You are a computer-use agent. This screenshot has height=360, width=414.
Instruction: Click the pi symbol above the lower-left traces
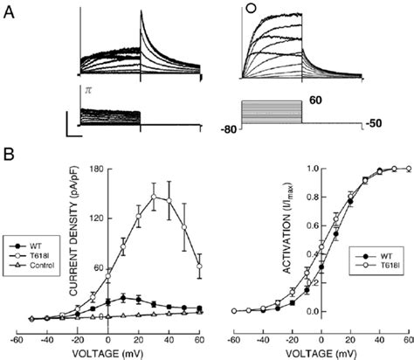[87, 89]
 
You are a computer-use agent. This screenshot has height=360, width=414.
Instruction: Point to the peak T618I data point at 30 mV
[155, 197]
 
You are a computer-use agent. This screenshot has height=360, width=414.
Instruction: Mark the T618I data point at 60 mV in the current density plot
[200, 266]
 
